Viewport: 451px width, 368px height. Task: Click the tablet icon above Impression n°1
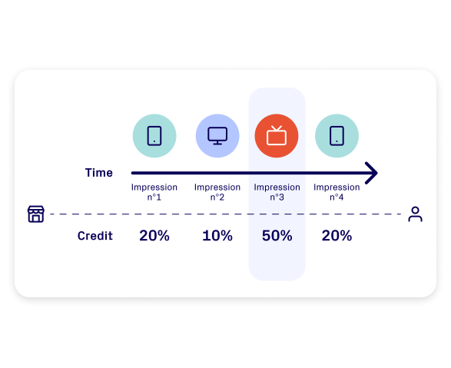tap(154, 136)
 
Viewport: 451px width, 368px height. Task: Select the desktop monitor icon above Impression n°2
tap(217, 136)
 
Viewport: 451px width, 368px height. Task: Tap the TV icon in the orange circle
tap(277, 135)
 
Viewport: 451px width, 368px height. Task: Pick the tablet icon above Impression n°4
tap(337, 136)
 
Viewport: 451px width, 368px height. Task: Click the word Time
tap(98, 173)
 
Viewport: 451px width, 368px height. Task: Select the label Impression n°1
tap(154, 192)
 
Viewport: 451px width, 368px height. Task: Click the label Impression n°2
tap(217, 192)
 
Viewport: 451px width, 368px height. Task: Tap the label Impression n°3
tap(277, 192)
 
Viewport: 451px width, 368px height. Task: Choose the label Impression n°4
tap(337, 192)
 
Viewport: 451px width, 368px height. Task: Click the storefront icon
tap(36, 214)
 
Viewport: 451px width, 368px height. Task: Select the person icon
tap(416, 214)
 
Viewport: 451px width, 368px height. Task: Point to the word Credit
tap(95, 236)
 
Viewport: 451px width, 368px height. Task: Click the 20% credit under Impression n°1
tap(154, 236)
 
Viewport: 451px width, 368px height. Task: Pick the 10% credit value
tap(217, 236)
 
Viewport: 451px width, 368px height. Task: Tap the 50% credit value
tap(277, 236)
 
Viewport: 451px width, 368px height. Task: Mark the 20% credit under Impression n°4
tap(337, 236)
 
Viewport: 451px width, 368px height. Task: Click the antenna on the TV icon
tap(277, 128)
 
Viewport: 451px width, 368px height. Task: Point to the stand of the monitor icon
tap(217, 142)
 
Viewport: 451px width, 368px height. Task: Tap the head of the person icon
tap(416, 210)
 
